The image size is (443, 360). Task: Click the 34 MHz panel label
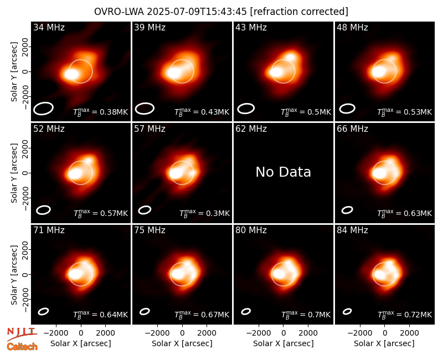coord(49,27)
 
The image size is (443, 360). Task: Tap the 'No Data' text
coord(283,172)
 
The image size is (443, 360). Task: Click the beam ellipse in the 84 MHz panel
coord(347,311)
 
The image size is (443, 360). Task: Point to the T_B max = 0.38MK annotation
coord(101,111)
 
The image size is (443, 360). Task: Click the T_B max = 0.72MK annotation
coord(405,314)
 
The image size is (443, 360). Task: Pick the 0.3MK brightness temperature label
coord(204,213)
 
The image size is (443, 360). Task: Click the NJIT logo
coord(22,333)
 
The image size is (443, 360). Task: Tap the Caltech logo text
coord(22,347)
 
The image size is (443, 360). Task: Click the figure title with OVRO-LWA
coord(221,12)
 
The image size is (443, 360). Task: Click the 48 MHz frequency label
coord(352,27)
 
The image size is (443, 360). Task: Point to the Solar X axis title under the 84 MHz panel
coord(384,343)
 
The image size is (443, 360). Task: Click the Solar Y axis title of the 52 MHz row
coord(14,173)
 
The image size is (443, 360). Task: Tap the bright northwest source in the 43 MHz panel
coord(290,57)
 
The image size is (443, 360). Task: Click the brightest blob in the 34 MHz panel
coord(71,74)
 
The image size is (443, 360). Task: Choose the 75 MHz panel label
coord(150,230)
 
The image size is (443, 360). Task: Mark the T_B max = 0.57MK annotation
coord(101,213)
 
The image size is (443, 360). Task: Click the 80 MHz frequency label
coord(251,230)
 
